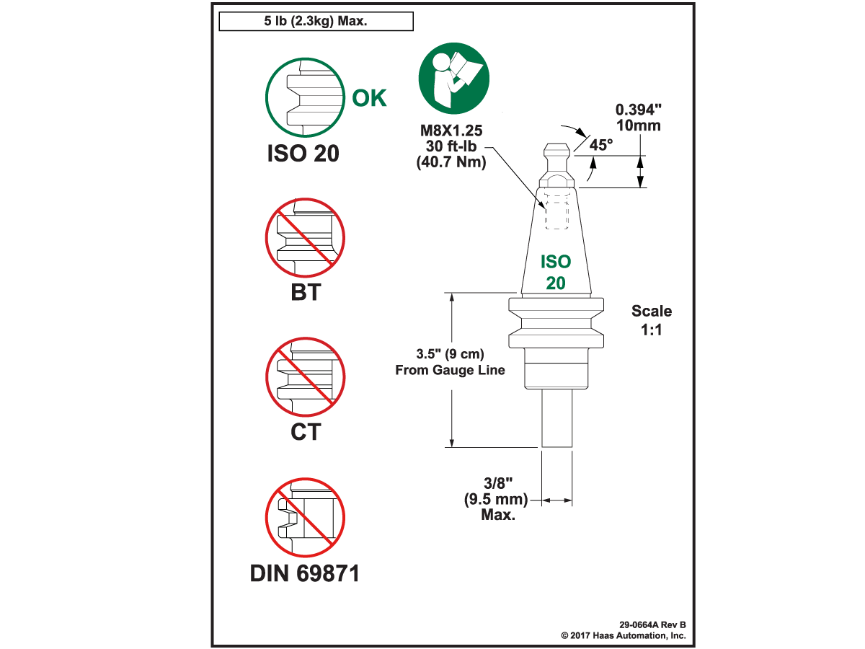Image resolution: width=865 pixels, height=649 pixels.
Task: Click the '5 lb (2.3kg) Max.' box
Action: tap(316, 22)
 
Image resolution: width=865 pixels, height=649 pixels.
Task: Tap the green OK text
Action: tap(369, 97)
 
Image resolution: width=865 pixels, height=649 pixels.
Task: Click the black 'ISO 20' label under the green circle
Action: tap(304, 154)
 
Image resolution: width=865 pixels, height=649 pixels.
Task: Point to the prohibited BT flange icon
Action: tap(305, 238)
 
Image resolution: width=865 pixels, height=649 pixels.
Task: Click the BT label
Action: tap(304, 293)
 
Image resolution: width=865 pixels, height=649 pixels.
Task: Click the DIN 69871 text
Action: tap(304, 573)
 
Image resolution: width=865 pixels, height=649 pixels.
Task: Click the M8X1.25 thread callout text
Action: tap(451, 132)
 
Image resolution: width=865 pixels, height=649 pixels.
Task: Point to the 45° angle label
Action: tap(601, 144)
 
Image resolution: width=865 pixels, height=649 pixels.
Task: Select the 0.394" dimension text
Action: tap(638, 110)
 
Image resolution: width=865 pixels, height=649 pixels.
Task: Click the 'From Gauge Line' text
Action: tap(451, 370)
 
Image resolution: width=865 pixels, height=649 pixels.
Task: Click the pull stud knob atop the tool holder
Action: tap(557, 152)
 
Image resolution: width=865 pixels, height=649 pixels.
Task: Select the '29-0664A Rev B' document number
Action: tap(652, 624)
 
